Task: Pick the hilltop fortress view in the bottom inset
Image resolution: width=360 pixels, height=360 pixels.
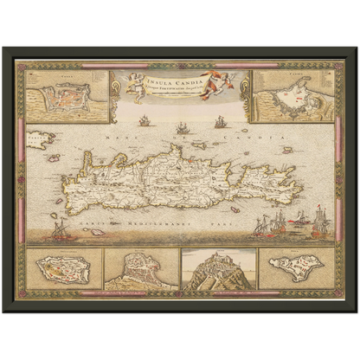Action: [218, 270]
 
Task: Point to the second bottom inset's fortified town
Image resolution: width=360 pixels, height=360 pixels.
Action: [139, 270]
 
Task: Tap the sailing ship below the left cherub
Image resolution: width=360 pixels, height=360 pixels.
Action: [144, 120]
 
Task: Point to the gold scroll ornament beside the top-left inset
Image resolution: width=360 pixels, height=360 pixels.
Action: [118, 97]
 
